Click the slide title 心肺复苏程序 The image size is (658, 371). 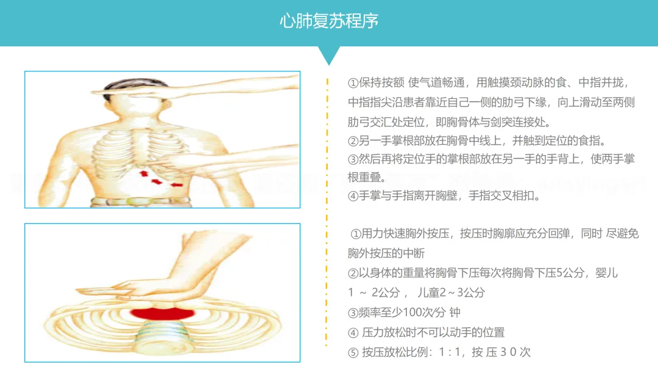[329, 21]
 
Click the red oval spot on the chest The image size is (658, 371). [162, 313]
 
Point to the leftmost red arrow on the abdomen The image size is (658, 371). [144, 173]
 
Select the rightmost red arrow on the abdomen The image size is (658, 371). [177, 184]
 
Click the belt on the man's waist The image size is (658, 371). [141, 201]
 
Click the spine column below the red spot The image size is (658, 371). [162, 336]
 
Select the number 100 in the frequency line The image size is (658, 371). [411, 312]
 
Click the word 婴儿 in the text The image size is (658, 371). [606, 273]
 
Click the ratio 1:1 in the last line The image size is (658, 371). [450, 352]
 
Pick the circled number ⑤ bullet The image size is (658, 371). [353, 353]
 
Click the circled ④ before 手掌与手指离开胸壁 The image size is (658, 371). [353, 196]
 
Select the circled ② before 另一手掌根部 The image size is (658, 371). [353, 141]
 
